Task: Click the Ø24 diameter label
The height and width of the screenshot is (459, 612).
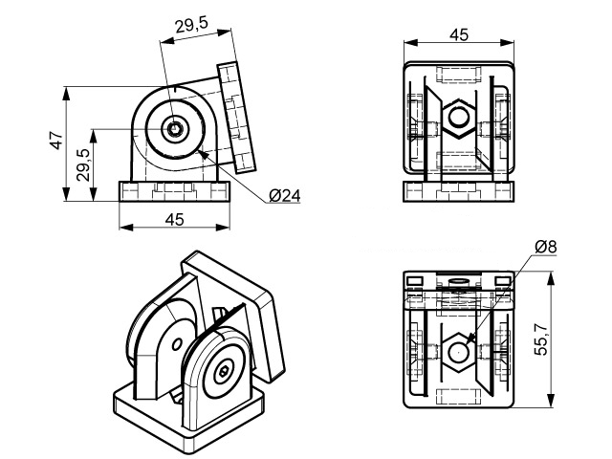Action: [286, 196]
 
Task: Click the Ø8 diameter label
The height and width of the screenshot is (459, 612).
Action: [546, 247]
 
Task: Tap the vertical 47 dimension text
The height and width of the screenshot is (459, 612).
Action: [56, 142]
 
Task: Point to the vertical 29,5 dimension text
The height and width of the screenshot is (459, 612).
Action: [83, 165]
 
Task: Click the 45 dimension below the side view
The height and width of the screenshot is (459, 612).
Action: [174, 219]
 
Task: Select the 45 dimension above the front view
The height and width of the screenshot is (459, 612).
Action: [458, 34]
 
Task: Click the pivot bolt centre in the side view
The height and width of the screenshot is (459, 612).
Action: [175, 129]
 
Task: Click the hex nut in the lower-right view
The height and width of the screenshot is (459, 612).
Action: [459, 351]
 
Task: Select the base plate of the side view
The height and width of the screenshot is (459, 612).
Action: [178, 190]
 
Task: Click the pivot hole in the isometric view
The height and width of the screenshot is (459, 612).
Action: [224, 370]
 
